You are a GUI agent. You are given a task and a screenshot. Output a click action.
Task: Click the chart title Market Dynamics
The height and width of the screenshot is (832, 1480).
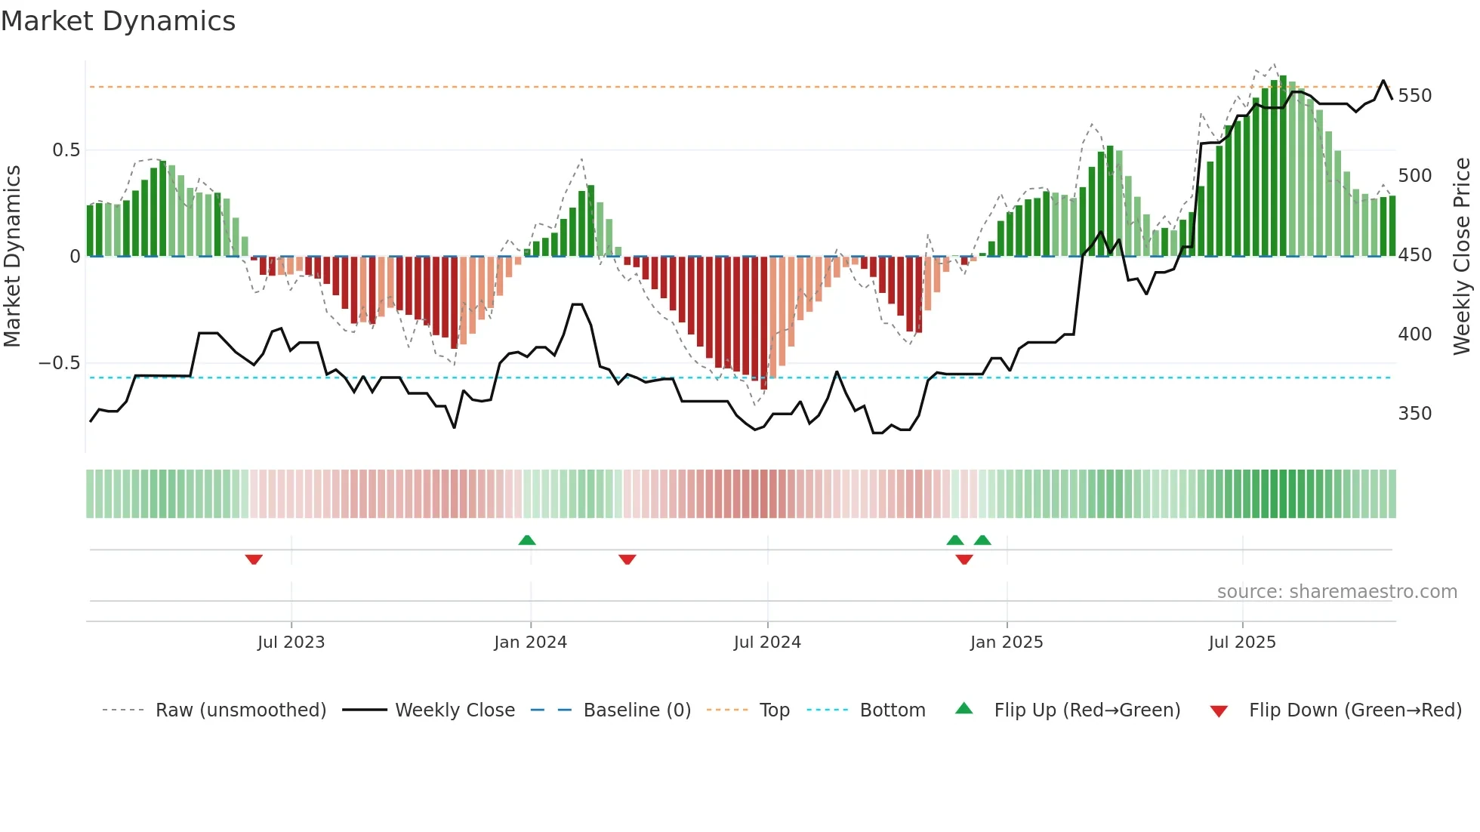click(119, 21)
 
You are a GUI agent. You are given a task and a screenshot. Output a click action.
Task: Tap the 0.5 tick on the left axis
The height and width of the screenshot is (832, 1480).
click(66, 150)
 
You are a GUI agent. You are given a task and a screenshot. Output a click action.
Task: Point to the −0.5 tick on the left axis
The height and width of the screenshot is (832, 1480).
click(60, 363)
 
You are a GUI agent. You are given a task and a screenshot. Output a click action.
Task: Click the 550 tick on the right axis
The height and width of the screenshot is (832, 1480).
click(1414, 96)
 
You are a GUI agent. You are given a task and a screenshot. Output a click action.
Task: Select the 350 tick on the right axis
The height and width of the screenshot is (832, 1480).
click(1414, 414)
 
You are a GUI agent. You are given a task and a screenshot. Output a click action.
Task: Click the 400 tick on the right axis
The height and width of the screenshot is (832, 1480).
click(1414, 334)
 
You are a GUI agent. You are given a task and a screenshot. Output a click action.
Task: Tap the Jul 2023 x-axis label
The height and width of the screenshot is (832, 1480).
click(291, 642)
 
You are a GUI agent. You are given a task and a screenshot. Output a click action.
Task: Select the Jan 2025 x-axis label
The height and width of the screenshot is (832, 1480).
click(1006, 642)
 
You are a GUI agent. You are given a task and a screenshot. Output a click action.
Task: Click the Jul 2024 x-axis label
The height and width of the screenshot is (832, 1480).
click(766, 642)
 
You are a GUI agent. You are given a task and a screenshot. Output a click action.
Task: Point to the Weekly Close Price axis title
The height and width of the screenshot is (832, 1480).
click(1462, 257)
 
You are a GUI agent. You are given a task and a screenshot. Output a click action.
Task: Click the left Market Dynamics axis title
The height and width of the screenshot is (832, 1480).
click(13, 257)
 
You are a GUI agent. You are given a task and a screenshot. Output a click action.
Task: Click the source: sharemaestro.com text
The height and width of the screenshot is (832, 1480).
click(1337, 592)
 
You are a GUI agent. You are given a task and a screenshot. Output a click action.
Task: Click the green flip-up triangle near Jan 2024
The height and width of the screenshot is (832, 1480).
click(527, 540)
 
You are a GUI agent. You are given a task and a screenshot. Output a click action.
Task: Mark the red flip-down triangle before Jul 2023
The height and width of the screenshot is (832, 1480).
click(254, 559)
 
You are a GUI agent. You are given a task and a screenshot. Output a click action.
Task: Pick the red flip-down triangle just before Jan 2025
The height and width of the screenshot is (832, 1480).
click(964, 559)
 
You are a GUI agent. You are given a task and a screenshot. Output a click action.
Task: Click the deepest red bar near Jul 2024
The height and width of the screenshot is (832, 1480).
click(764, 325)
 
